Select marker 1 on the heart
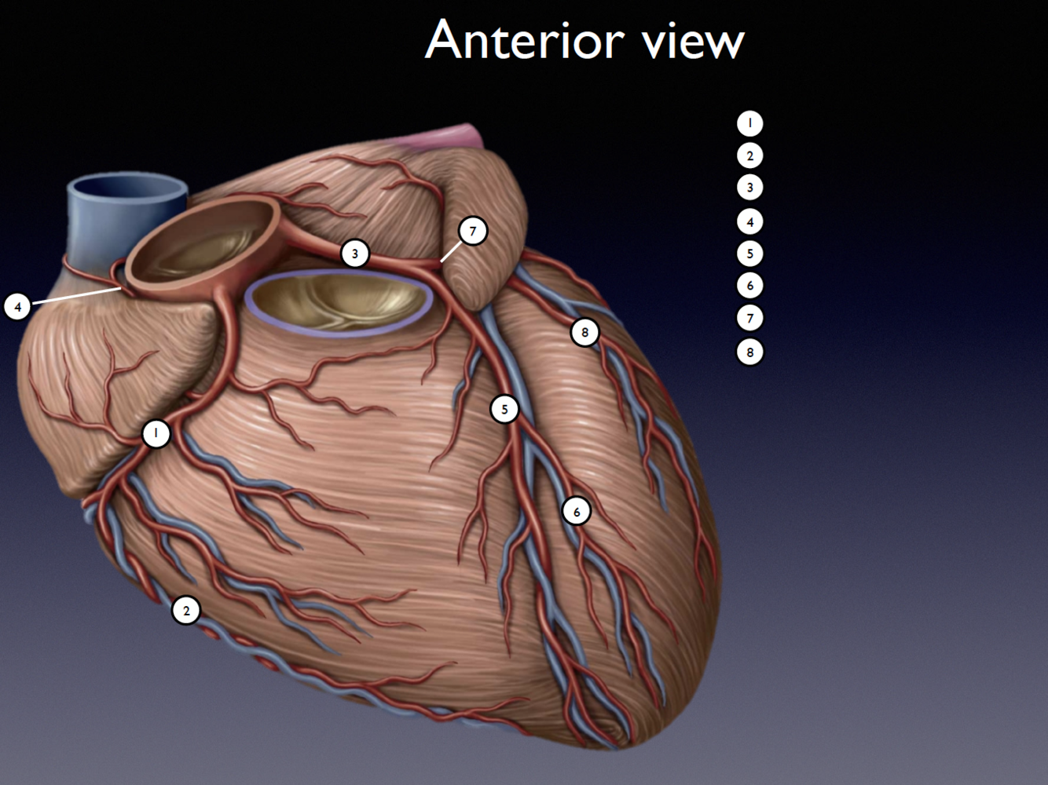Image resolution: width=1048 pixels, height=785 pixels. [156, 433]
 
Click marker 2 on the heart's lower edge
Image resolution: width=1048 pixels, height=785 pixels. [186, 611]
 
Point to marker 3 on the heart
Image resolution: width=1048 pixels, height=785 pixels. [355, 254]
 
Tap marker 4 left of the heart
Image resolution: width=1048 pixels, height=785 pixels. [18, 306]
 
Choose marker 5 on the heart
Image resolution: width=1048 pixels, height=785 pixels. [504, 409]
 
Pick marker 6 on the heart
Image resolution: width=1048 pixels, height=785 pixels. [577, 512]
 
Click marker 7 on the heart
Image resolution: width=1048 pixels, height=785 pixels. [473, 232]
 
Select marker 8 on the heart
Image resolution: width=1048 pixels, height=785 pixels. [584, 332]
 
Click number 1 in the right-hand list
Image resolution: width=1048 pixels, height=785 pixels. [749, 123]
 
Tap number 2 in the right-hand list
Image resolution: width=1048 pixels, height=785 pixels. [749, 155]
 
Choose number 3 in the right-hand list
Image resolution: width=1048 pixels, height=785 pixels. [749, 188]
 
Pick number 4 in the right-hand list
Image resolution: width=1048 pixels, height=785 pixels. [749, 222]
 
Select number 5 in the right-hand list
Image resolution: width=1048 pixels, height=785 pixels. [749, 254]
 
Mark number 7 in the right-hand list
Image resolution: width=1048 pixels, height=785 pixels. [749, 318]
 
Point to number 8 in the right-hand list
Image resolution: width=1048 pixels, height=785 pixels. [749, 352]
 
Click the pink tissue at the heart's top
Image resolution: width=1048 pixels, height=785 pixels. [445, 138]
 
